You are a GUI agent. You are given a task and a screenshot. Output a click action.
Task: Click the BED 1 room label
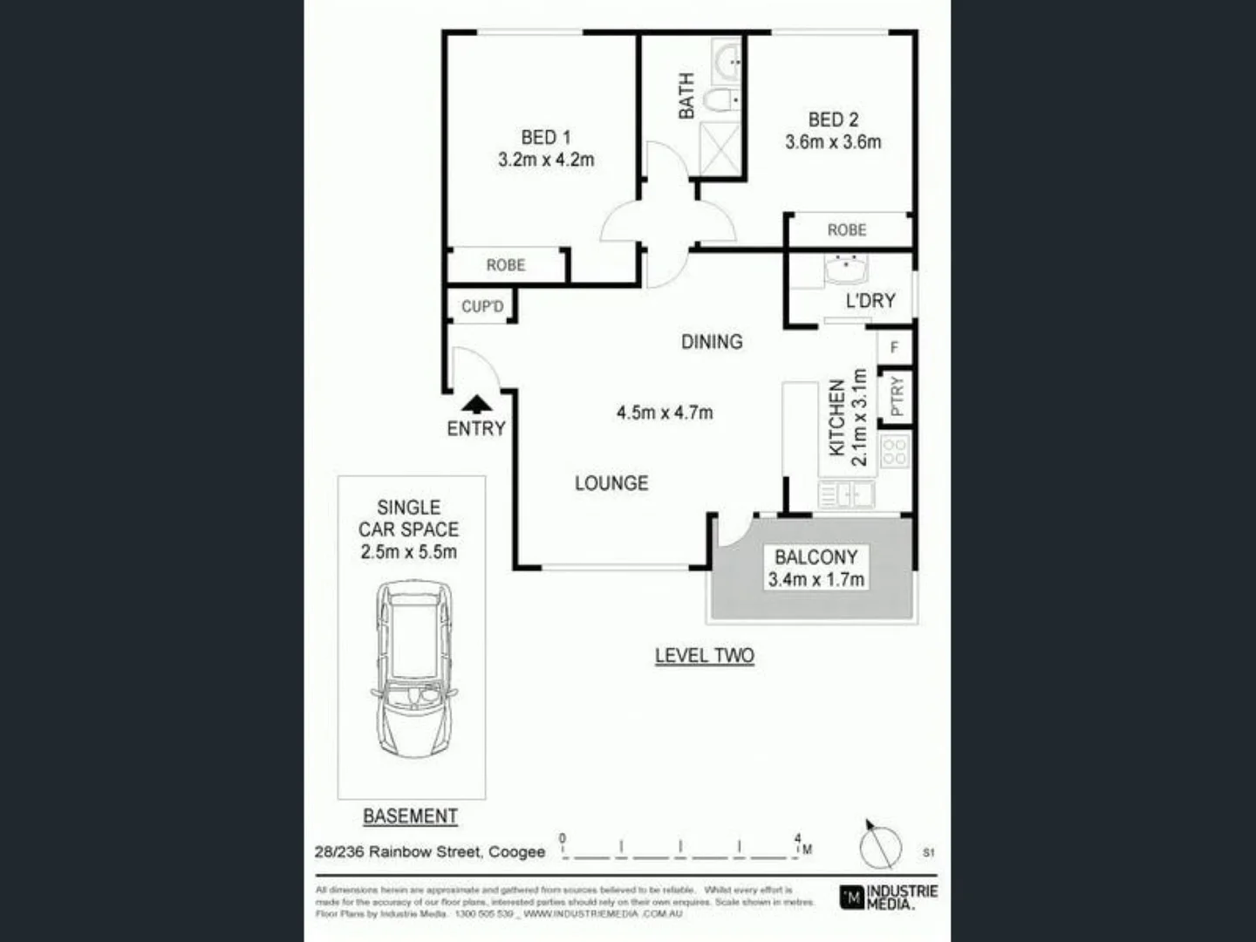coord(546,137)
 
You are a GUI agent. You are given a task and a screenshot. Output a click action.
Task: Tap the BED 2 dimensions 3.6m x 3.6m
coord(833,142)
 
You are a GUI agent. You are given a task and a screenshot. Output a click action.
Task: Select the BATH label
coord(687,96)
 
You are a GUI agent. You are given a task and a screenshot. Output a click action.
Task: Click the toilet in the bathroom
coord(720,101)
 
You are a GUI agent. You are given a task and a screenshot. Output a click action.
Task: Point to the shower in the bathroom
coord(720,149)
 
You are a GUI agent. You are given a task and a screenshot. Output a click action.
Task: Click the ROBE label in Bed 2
coord(847,230)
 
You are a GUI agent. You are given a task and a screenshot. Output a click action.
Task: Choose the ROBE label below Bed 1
coord(506,265)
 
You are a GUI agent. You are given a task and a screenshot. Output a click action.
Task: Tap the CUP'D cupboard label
coord(482,306)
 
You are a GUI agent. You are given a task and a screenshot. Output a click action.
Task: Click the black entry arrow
coord(476,404)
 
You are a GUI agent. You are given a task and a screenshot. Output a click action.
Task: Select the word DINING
coord(712,342)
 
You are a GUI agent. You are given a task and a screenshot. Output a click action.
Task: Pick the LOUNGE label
coord(611,483)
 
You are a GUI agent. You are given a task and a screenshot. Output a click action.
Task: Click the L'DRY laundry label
coord(870,301)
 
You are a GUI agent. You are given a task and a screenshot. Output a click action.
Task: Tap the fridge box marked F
coord(894,347)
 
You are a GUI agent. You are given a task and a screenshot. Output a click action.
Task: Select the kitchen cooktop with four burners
coord(895,451)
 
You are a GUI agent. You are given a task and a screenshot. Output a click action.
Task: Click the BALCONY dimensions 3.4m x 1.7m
coord(816,579)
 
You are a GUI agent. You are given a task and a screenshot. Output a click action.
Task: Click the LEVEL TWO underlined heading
coord(705,656)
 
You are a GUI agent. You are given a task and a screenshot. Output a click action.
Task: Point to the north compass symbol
coord(880,845)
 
